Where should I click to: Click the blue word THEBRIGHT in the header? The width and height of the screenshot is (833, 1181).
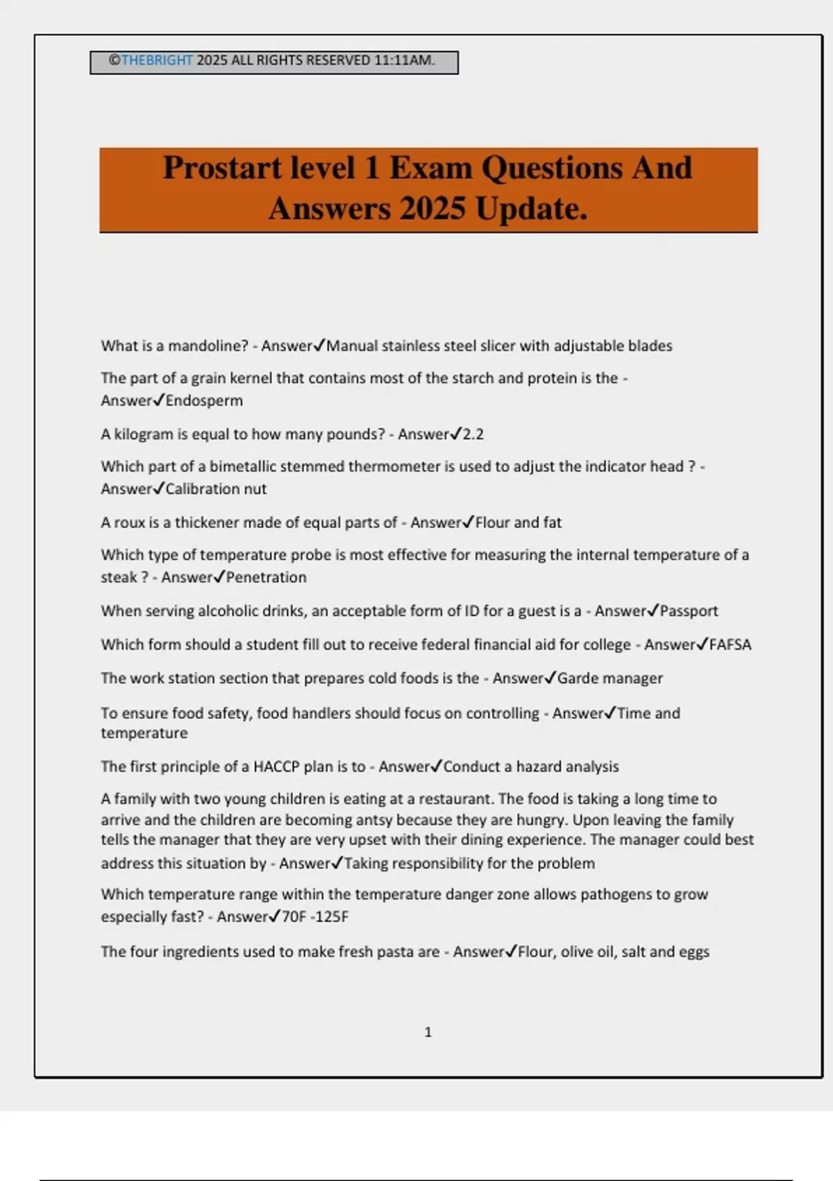click(x=157, y=60)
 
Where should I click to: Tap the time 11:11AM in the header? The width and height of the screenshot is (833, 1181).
click(x=404, y=60)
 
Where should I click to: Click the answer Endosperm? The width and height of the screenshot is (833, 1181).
click(x=204, y=401)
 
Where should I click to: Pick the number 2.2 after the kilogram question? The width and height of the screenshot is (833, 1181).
click(x=473, y=435)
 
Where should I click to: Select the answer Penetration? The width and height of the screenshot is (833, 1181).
click(x=266, y=577)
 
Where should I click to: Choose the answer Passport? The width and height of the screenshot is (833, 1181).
click(x=689, y=611)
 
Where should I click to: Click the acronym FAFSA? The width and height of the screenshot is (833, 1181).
click(x=730, y=645)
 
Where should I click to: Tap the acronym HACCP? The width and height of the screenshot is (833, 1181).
click(x=275, y=767)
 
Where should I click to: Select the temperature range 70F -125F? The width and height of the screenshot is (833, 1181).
click(x=315, y=917)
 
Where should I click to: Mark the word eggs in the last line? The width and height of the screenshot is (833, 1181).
click(x=694, y=952)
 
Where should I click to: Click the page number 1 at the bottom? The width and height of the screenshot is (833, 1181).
click(x=428, y=1032)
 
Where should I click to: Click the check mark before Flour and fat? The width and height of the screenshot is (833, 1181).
click(x=469, y=522)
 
